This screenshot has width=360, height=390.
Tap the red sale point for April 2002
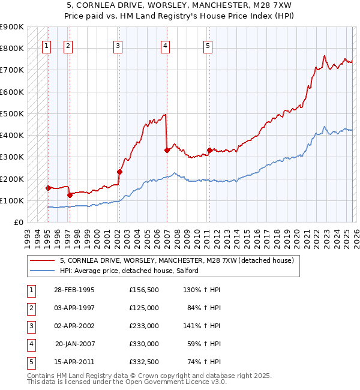pos(119,172)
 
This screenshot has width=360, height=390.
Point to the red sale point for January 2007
pos(167,151)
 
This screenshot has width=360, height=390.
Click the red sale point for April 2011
pos(209,150)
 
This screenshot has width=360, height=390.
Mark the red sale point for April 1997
pos(70,195)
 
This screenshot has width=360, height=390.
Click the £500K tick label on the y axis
pos(12,113)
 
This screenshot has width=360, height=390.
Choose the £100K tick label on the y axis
pos(12,200)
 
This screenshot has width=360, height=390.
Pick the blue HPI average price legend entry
pos(133,271)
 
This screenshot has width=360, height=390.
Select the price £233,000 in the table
pos(143,325)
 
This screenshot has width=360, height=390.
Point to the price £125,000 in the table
pos(143,307)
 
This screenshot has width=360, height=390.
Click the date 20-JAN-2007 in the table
pos(74,343)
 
